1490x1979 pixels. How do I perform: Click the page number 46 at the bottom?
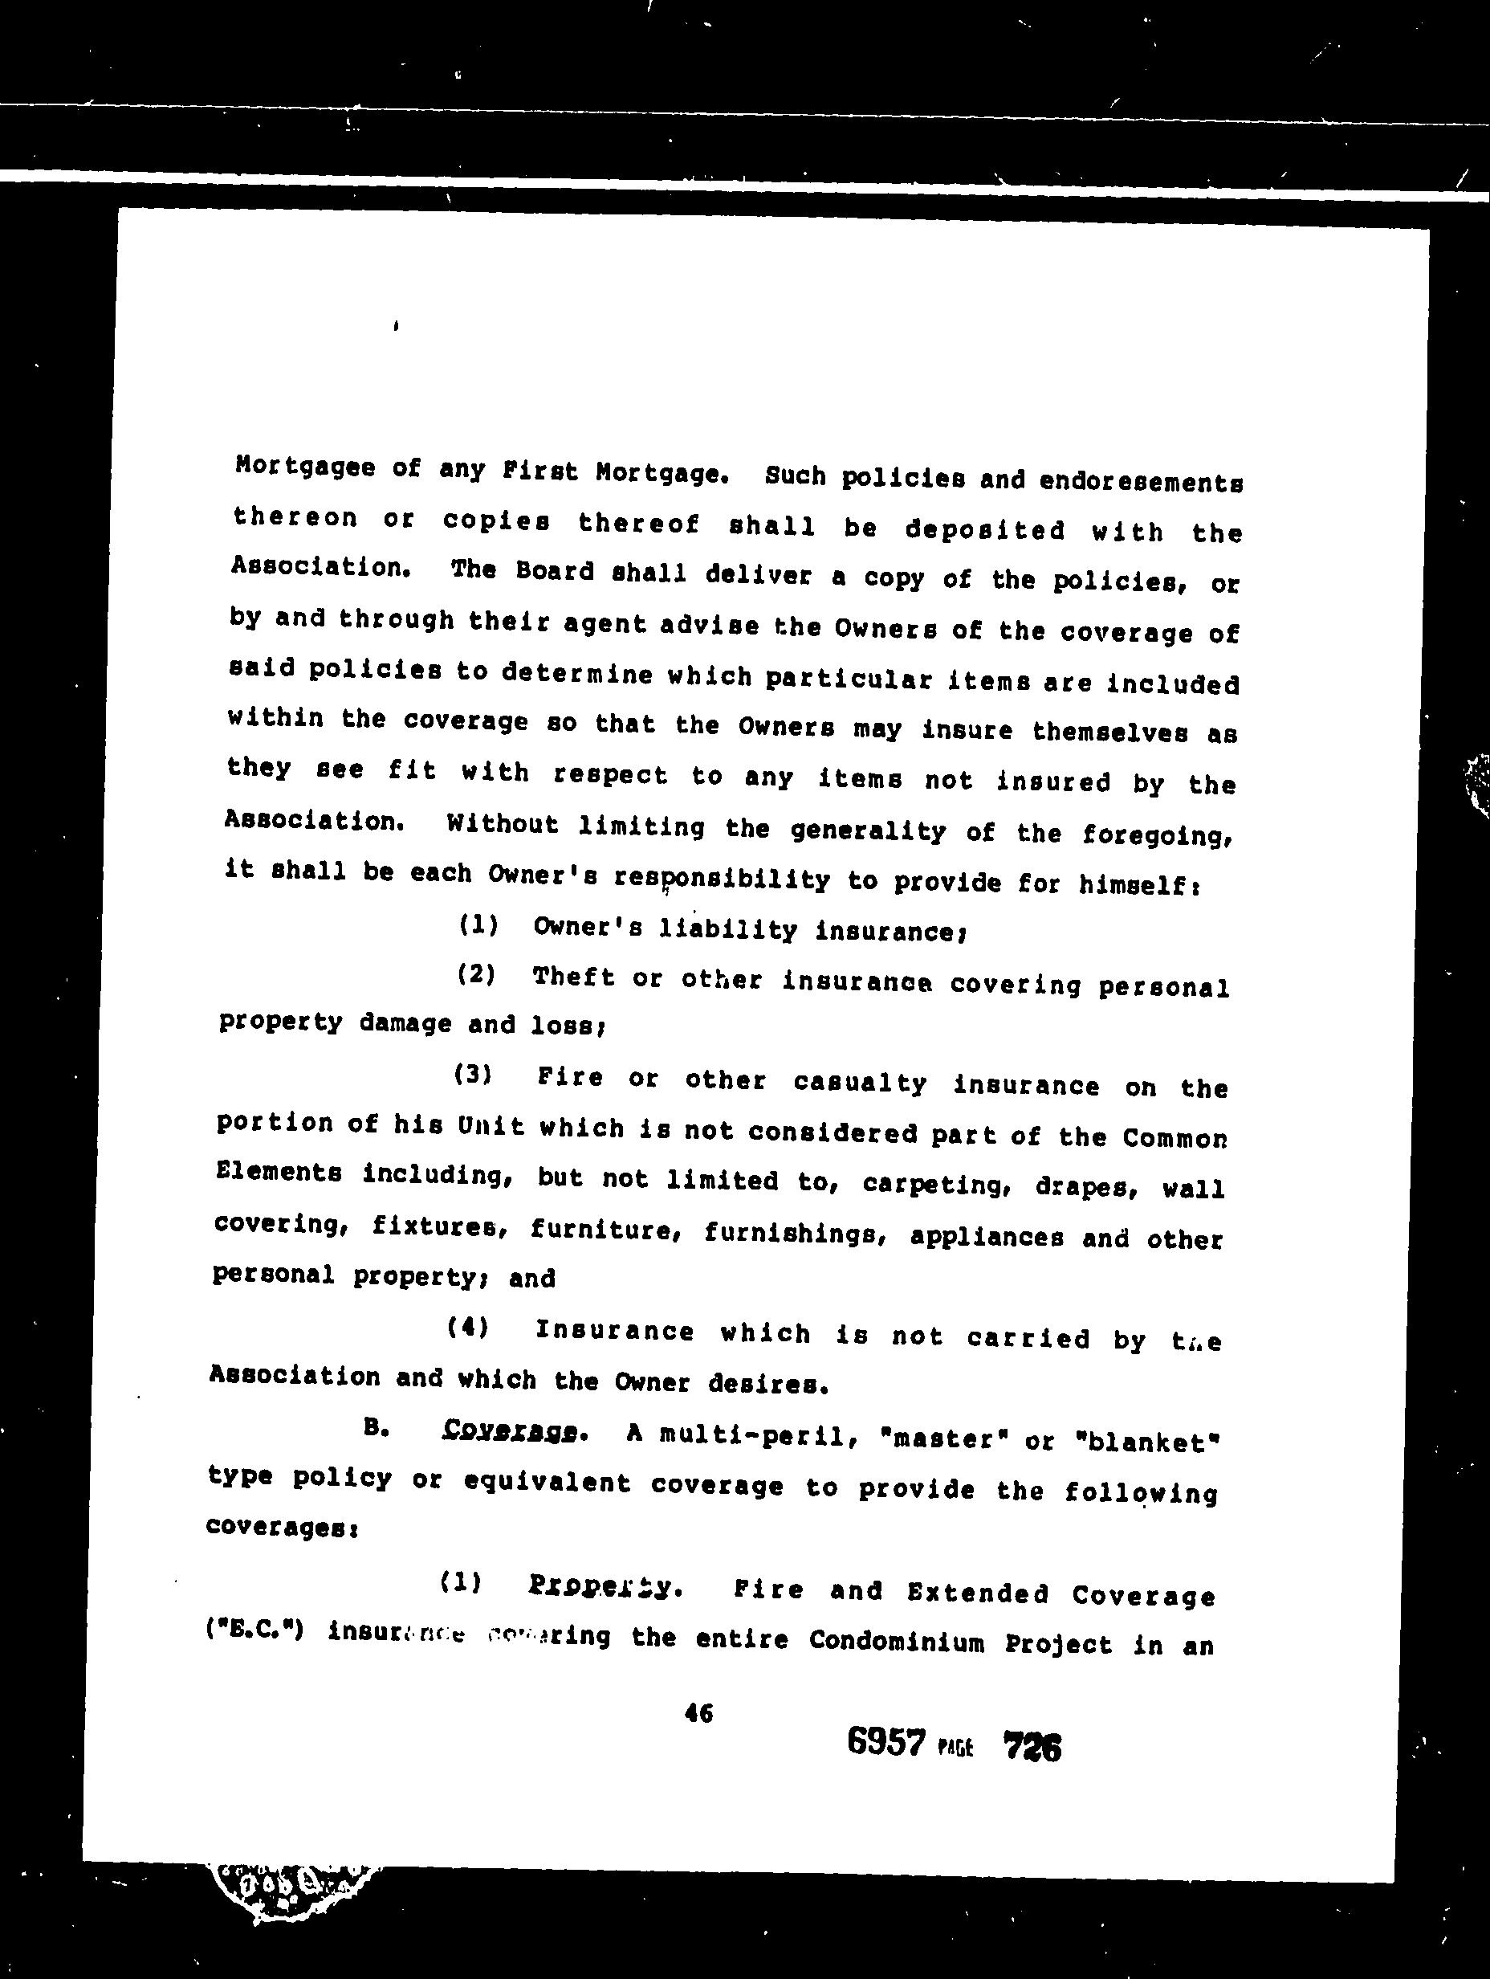pos(698,1712)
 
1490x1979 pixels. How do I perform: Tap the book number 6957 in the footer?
pos(885,1743)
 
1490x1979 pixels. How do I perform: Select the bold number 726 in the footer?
pos(1032,1746)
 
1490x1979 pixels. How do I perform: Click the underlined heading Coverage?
pos(509,1431)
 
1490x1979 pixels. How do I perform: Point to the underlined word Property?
pos(605,1587)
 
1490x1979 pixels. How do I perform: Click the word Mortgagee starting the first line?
pos(304,468)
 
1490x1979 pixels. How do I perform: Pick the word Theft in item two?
pos(573,977)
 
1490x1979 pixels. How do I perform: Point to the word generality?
pos(868,832)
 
